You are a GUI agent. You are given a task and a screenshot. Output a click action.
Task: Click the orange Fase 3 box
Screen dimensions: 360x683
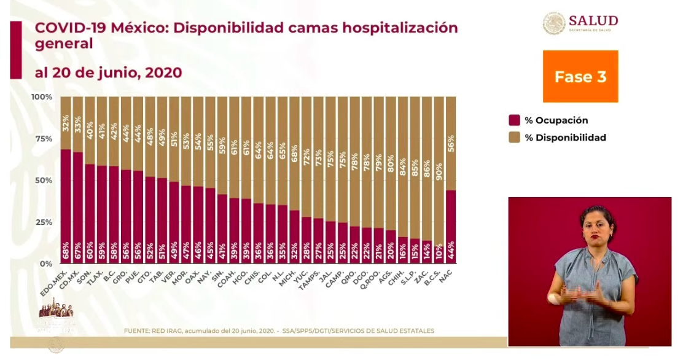pyautogui.click(x=580, y=76)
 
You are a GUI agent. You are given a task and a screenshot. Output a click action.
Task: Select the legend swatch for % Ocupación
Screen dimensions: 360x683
pyautogui.click(x=515, y=120)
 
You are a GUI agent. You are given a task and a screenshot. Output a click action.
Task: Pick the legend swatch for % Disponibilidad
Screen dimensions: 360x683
pyautogui.click(x=515, y=138)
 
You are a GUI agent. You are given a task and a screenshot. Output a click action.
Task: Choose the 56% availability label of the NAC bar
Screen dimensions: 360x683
pyautogui.click(x=451, y=144)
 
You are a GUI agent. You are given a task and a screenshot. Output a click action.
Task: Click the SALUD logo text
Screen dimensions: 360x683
pyautogui.click(x=593, y=21)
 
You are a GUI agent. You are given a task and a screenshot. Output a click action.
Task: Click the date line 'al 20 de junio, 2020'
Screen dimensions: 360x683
pyautogui.click(x=108, y=72)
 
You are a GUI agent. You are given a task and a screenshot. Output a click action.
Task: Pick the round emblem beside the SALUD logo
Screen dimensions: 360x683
pyautogui.click(x=554, y=23)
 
